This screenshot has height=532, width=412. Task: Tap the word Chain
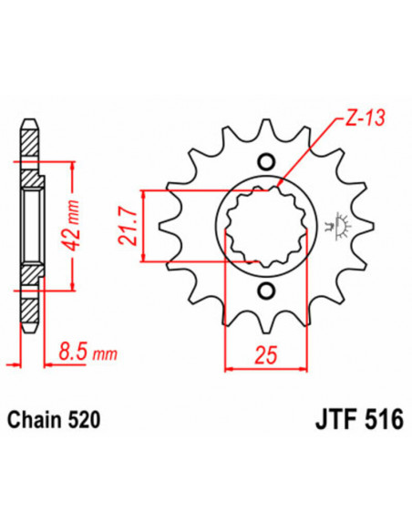tap(34, 421)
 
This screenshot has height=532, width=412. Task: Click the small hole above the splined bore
tap(265, 161)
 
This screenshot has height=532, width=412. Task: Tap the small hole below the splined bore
tap(265, 292)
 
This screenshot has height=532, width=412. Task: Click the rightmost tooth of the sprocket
tap(372, 226)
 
